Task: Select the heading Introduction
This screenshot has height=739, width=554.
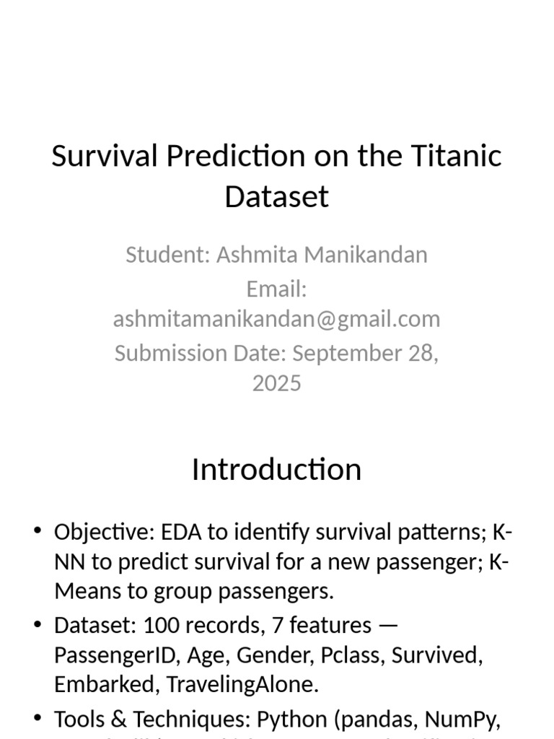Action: (x=276, y=469)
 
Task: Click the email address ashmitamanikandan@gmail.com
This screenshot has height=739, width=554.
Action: (x=276, y=319)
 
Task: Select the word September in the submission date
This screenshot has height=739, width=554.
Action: (x=343, y=353)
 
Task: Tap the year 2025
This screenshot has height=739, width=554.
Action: (x=276, y=382)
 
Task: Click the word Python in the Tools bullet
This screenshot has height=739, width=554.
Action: (x=294, y=719)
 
